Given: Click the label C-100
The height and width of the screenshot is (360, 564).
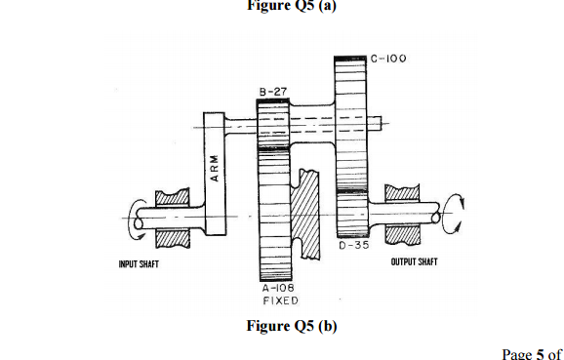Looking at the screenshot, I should click(x=387, y=59).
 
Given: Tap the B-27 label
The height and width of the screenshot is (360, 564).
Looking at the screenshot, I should click(x=273, y=91).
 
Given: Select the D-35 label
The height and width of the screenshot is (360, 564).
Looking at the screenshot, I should click(x=353, y=247).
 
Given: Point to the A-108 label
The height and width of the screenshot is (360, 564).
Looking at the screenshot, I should click(x=277, y=289).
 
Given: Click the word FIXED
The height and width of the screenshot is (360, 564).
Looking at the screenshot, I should click(x=278, y=301).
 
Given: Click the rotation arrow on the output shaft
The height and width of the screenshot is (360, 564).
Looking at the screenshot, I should click(x=452, y=211).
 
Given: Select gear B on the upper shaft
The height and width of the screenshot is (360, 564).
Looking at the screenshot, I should click(x=273, y=124).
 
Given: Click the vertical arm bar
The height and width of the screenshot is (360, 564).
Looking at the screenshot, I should click(x=214, y=171).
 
